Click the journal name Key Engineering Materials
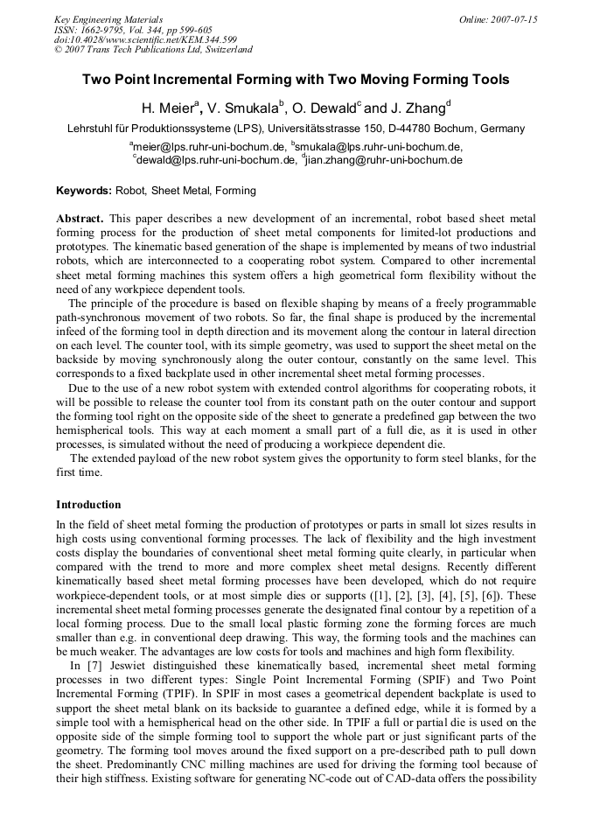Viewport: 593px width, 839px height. (108, 19)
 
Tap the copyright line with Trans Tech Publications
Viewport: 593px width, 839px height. (153, 50)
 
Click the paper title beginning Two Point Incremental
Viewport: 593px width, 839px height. (296, 80)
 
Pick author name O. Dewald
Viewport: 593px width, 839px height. (324, 108)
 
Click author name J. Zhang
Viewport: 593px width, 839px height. (417, 108)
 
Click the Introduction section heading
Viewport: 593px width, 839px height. (88, 505)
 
